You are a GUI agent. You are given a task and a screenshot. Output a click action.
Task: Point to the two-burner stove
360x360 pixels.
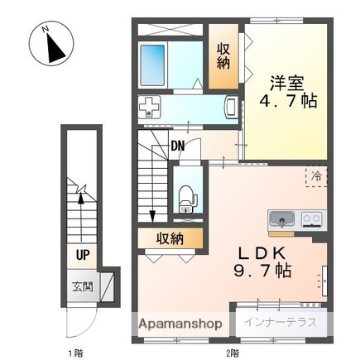point(311,219)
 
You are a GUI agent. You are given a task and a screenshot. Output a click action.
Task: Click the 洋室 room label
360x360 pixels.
point(286,84)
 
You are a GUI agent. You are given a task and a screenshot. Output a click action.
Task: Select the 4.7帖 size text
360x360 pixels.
point(286,103)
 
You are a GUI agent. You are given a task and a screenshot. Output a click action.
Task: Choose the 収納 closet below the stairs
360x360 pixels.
point(170,238)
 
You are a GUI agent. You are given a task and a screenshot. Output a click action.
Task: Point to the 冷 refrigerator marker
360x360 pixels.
point(315,175)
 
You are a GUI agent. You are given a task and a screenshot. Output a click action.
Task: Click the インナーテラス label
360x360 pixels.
point(280,323)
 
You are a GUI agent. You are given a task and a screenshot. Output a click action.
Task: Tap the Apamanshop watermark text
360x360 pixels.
point(180,323)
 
